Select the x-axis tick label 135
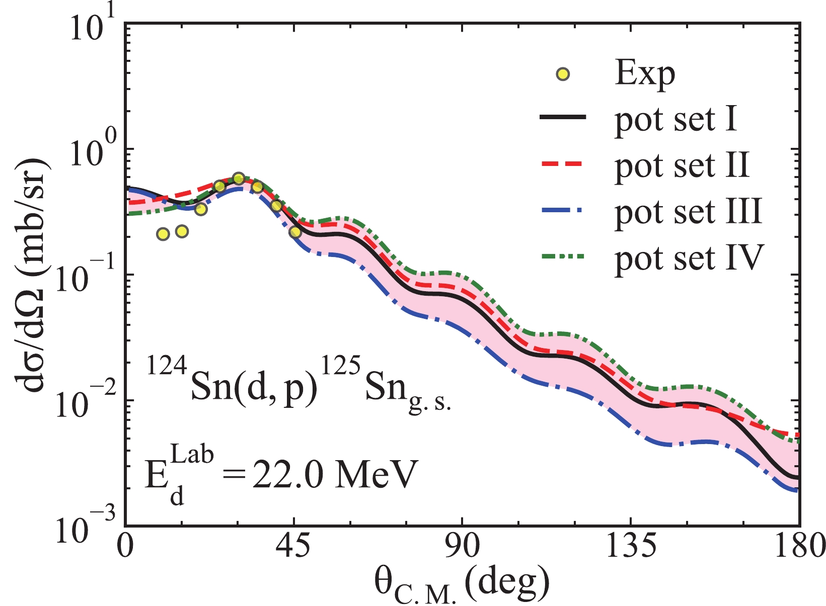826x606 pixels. pyautogui.click(x=631, y=547)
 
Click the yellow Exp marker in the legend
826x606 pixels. pyautogui.click(x=563, y=75)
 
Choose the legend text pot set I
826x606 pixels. pyautogui.click(x=675, y=120)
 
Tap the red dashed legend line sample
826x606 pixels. pyautogui.click(x=562, y=164)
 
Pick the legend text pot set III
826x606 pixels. pyautogui.click(x=688, y=212)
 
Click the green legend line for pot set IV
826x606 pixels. pyautogui.click(x=562, y=256)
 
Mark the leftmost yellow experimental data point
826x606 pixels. pyautogui.click(x=163, y=234)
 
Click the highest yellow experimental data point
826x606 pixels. pyautogui.click(x=239, y=179)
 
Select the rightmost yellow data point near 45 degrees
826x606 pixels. pyautogui.click(x=295, y=232)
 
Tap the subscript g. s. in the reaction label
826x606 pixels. pyautogui.click(x=430, y=403)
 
